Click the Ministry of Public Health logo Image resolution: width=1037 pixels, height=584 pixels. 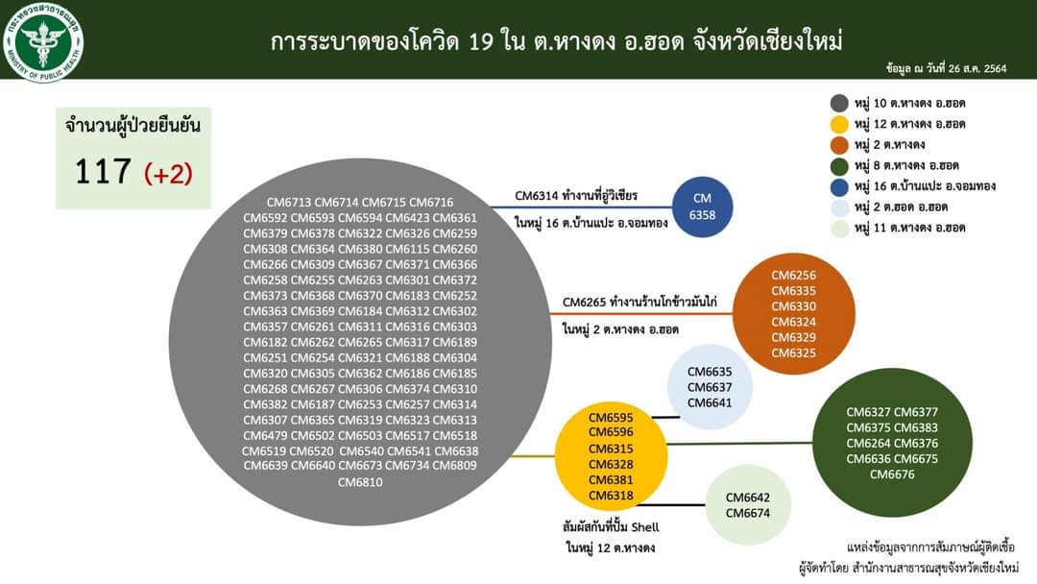pyautogui.click(x=43, y=41)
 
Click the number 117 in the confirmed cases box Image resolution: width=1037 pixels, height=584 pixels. pyautogui.click(x=103, y=171)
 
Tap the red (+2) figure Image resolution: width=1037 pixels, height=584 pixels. pyautogui.click(x=168, y=173)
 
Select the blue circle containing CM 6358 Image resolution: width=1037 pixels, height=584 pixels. pyautogui.click(x=702, y=207)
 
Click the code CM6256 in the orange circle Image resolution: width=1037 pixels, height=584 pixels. pyautogui.click(x=794, y=275)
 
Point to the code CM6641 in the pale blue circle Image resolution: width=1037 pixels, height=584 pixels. pyautogui.click(x=710, y=402)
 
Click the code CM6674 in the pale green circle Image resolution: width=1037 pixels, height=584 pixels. pyautogui.click(x=747, y=513)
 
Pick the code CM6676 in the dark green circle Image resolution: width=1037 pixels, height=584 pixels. pyautogui.click(x=892, y=474)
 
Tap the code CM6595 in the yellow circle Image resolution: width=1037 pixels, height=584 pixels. pyautogui.click(x=611, y=417)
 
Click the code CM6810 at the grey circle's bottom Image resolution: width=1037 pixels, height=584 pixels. pyautogui.click(x=360, y=482)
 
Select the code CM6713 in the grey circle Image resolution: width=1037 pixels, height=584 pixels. pyautogui.click(x=290, y=203)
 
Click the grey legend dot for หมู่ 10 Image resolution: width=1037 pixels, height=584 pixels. pyautogui.click(x=839, y=103)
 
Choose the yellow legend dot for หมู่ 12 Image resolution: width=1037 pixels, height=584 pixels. pyautogui.click(x=839, y=124)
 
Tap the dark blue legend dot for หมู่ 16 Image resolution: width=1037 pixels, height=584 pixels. pyautogui.click(x=839, y=186)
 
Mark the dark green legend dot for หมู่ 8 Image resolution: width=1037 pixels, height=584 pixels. pyautogui.click(x=839, y=165)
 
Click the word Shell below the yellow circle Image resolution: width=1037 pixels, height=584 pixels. pyautogui.click(x=645, y=527)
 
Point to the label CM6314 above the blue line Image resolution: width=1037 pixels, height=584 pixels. pyautogui.click(x=537, y=196)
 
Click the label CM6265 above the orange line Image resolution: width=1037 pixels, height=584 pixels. pyautogui.click(x=584, y=303)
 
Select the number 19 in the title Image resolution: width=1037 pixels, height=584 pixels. pyautogui.click(x=481, y=42)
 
